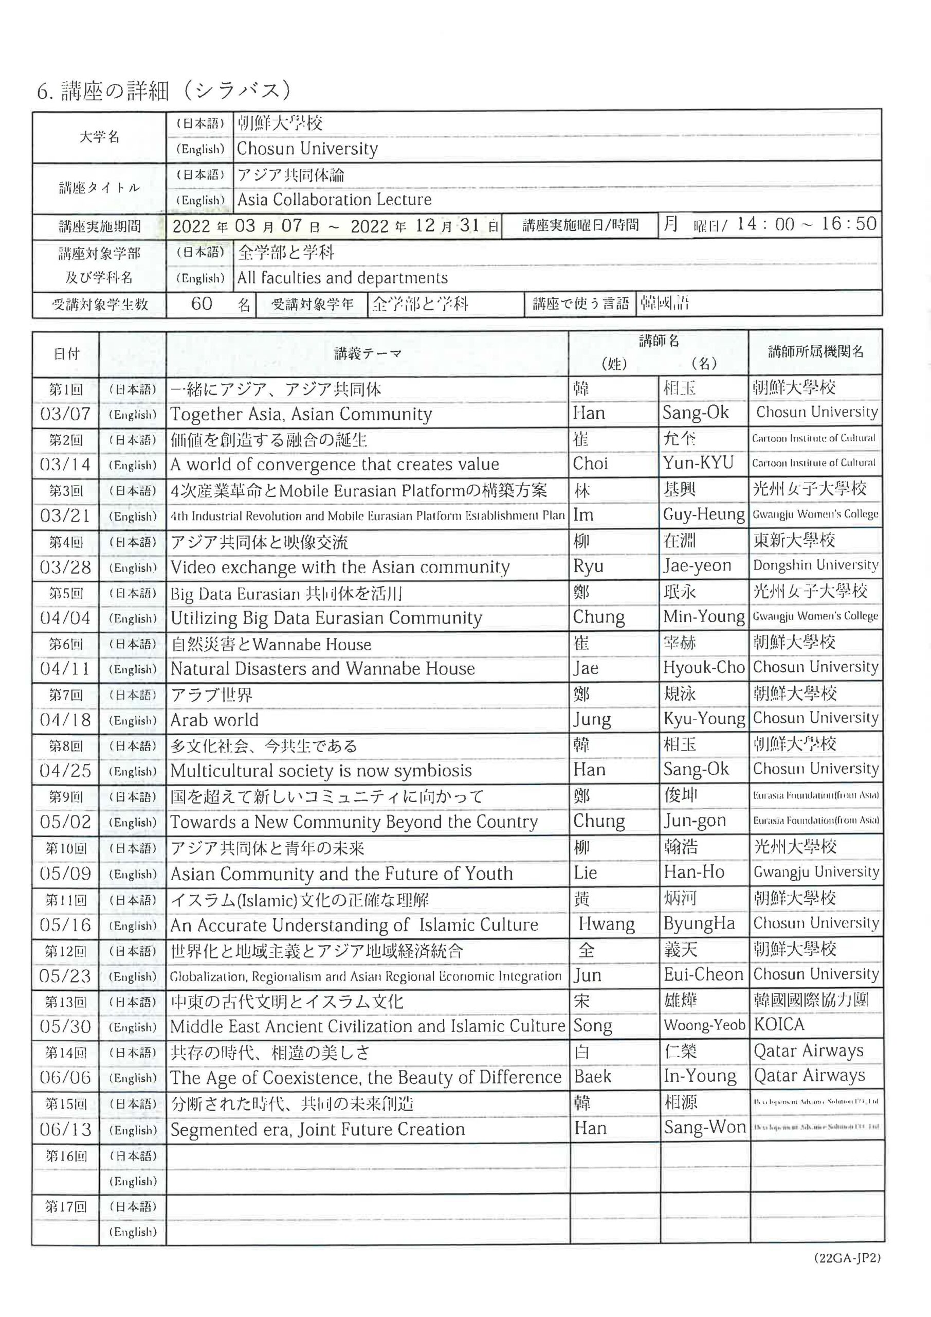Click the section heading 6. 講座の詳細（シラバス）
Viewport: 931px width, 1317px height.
(164, 91)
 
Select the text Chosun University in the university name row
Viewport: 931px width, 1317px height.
(307, 149)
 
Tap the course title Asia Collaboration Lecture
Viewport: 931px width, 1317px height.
(334, 200)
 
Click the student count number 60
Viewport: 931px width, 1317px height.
(202, 304)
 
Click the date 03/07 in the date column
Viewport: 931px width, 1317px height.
(65, 414)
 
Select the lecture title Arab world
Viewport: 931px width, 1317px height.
(214, 720)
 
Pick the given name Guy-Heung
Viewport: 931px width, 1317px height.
(703, 514)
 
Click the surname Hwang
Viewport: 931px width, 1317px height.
(606, 924)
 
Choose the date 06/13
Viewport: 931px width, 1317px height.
(65, 1129)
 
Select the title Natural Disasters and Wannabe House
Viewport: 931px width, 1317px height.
(323, 669)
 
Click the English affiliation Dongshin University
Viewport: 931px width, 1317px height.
(815, 565)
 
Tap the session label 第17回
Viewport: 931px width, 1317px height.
(65, 1206)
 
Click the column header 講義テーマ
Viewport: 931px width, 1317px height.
(368, 353)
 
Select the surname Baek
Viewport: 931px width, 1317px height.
(592, 1077)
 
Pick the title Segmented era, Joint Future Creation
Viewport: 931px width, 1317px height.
(318, 1129)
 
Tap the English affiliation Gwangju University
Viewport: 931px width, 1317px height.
(816, 873)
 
